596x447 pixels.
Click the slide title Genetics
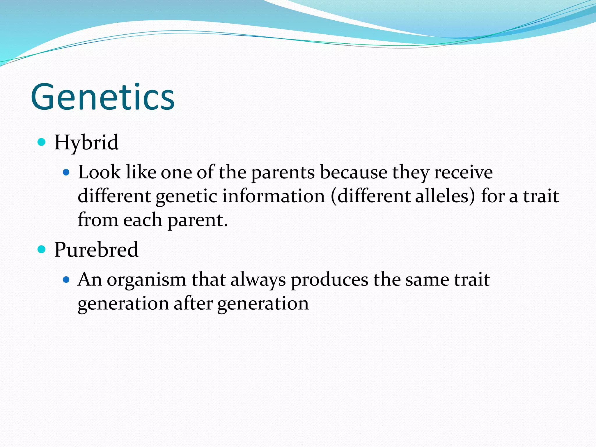[102, 97]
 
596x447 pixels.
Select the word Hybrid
[86, 143]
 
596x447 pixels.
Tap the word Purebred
[96, 250]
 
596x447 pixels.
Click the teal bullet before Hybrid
[42, 142]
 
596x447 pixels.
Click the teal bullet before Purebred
[42, 249]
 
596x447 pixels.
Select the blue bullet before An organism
[66, 280]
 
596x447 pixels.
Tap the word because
[354, 172]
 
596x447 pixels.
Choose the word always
[258, 280]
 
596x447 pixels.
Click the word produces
[329, 280]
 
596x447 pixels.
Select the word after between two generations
[193, 304]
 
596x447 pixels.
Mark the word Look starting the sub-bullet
[99, 172]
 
